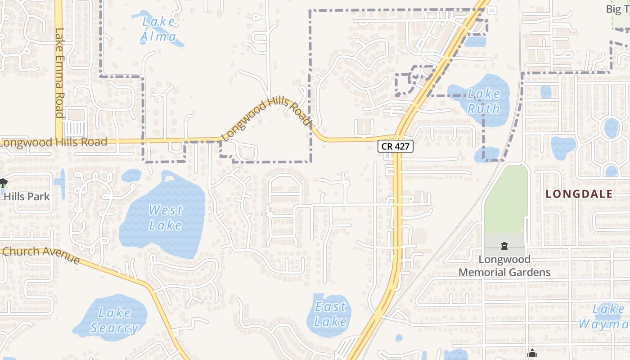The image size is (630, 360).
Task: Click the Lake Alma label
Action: click(158, 29)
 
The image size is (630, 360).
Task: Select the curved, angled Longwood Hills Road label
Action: click(267, 119)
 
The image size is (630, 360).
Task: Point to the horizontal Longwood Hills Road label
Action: click(54, 143)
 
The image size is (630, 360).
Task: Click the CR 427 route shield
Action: click(395, 146)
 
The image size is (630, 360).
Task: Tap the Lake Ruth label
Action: click(484, 101)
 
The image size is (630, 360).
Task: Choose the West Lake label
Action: click(165, 217)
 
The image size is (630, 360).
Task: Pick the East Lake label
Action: click(330, 314)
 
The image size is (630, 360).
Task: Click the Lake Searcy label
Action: click(114, 320)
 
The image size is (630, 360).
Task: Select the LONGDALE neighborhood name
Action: click(579, 194)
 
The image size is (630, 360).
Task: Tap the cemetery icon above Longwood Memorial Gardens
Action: click(504, 246)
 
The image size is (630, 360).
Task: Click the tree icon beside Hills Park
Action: click(3, 183)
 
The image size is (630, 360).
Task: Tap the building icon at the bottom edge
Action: click(532, 354)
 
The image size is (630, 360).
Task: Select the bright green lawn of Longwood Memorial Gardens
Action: click(506, 198)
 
